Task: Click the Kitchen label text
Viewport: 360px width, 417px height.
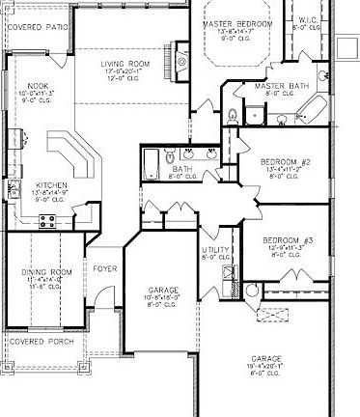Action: pos(51,184)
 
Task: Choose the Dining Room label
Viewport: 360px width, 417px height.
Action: pos(46,273)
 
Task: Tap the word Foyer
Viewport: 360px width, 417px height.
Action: pos(103,269)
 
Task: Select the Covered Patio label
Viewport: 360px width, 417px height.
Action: pos(37,27)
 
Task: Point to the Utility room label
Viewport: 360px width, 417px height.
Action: pos(215,250)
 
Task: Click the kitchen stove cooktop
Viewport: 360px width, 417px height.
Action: pos(45,221)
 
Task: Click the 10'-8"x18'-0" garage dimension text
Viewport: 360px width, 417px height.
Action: pos(162,298)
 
